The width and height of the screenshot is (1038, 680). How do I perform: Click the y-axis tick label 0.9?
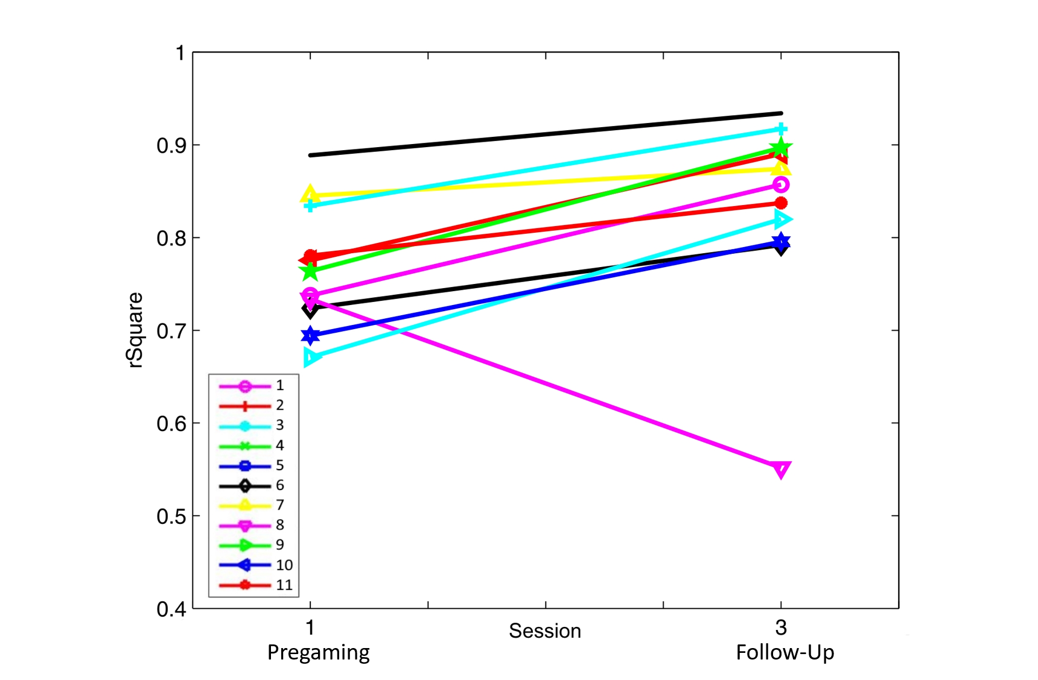coord(170,146)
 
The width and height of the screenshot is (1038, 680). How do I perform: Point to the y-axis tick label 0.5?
coord(170,517)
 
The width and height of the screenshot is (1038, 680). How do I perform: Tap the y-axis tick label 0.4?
coord(170,609)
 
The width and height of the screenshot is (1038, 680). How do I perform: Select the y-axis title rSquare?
coord(135,330)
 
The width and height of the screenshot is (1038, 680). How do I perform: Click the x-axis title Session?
coord(544,631)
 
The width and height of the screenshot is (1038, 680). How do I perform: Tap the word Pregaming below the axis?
coord(318,652)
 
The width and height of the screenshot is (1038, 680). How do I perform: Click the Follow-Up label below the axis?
coord(785,652)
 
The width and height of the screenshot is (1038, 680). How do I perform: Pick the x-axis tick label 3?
coord(780,628)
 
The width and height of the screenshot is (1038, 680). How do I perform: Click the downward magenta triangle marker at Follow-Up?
coord(780,469)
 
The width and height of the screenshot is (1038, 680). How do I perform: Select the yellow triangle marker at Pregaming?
coord(310,194)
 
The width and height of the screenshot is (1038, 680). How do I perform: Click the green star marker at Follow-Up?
coord(781,148)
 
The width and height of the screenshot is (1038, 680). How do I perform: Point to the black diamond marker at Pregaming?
coord(310,310)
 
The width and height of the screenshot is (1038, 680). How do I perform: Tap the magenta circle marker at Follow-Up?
coord(781,184)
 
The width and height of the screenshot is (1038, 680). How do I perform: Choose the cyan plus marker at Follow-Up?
coord(781,130)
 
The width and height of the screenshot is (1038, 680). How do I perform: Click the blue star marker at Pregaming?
coord(310,335)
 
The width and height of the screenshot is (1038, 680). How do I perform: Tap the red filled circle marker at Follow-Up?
coord(781,203)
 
